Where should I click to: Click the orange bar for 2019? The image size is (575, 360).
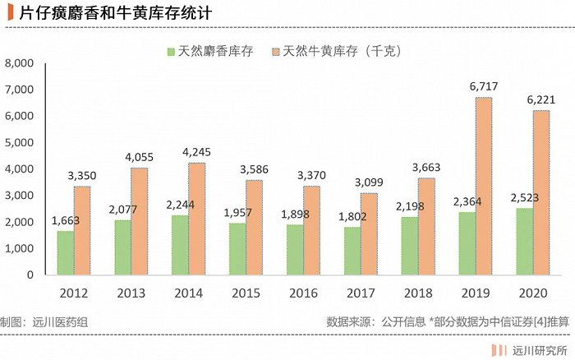[x=483, y=186]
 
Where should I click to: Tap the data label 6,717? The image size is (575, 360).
[x=483, y=86]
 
